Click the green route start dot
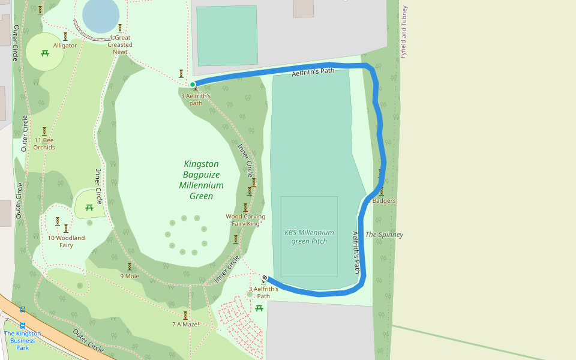[x=193, y=85]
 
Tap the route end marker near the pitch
[x=265, y=278]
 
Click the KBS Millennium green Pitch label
[x=309, y=236]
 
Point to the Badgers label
[x=383, y=201]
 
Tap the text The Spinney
[x=384, y=235]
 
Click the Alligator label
[x=65, y=46]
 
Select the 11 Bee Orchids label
[x=44, y=143]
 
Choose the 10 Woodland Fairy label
[x=66, y=241]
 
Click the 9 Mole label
[x=130, y=276]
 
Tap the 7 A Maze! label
[x=185, y=325]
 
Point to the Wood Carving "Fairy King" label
[x=245, y=220]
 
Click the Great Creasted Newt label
[x=120, y=44]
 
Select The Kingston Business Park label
[x=22, y=340]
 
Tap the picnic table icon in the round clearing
[x=45, y=53]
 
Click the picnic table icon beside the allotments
[x=259, y=308]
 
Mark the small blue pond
[x=100, y=14]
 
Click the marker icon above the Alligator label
[x=65, y=36]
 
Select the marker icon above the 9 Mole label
[x=129, y=266]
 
